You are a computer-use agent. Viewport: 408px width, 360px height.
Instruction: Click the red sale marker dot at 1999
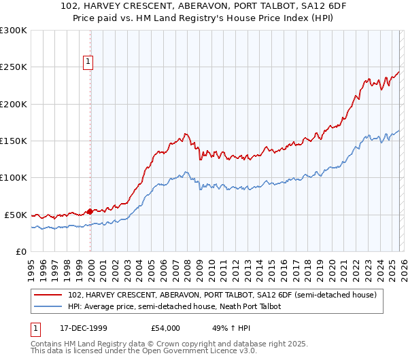90,211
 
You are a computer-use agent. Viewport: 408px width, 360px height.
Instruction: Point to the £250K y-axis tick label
14,67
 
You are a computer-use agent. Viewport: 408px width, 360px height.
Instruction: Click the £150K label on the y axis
14,141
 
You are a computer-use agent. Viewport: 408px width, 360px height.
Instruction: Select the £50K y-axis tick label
16,215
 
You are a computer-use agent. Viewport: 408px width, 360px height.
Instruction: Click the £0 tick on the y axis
21,251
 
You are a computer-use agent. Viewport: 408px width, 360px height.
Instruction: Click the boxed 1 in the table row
36,327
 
